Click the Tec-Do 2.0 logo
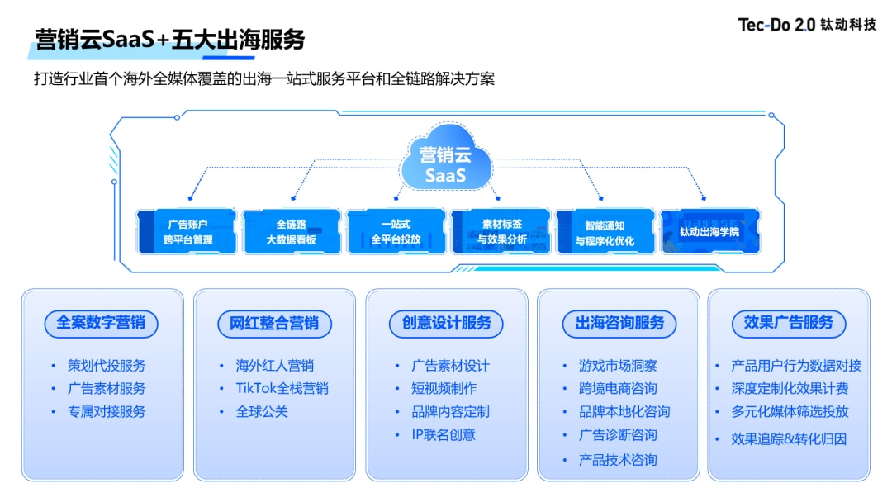(807, 25)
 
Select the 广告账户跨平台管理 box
(187, 231)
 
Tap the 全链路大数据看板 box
(292, 231)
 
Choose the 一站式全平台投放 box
(396, 231)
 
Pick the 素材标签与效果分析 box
(501, 231)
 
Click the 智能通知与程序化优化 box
(605, 231)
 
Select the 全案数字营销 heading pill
(102, 323)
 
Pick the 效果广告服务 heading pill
(789, 323)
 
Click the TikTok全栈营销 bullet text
(282, 388)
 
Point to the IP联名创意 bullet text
(444, 434)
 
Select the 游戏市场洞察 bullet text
(618, 366)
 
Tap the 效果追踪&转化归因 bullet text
(789, 438)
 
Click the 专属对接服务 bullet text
(107, 411)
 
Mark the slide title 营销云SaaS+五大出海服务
(170, 39)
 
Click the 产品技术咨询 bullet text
(618, 460)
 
